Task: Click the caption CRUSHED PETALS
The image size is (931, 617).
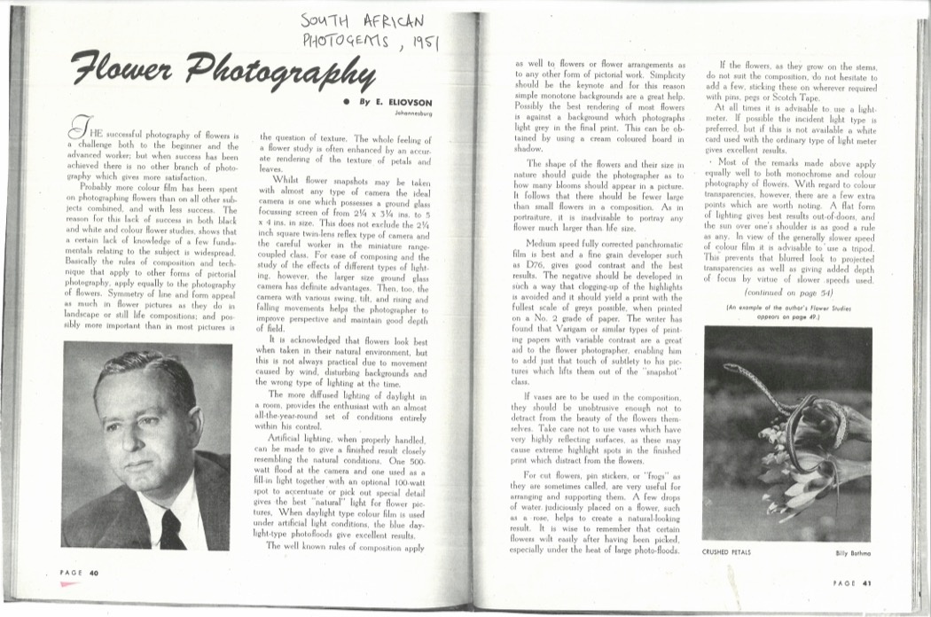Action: click(x=727, y=551)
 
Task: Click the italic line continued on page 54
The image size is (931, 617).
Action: click(x=788, y=291)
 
